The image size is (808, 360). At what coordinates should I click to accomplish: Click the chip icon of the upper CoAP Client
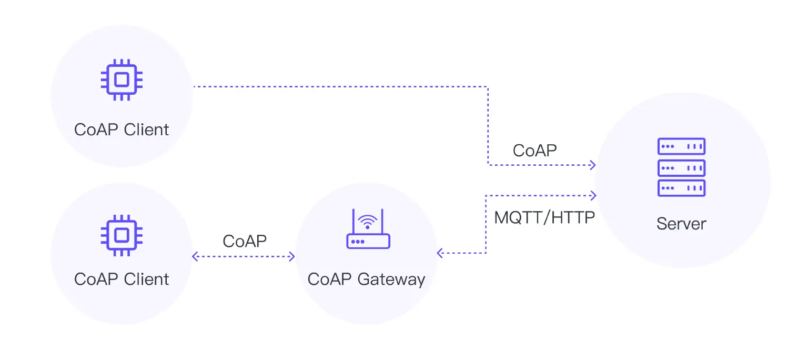(122, 79)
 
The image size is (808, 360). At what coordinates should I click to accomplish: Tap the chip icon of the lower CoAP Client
(122, 235)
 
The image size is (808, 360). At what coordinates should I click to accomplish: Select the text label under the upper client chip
(122, 129)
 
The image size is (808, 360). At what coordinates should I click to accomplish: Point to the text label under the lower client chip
(122, 279)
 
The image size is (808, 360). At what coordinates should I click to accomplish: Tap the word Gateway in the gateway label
(391, 279)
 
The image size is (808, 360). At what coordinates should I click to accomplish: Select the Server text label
(681, 224)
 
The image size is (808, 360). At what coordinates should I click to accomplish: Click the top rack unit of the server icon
(681, 146)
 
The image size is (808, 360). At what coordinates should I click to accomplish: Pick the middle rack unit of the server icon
(681, 168)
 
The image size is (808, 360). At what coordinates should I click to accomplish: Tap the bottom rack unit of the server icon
(681, 188)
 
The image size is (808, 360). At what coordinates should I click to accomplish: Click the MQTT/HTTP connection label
(544, 217)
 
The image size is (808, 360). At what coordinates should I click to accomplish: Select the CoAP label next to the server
(534, 151)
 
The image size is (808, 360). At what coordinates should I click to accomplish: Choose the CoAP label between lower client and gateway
(245, 241)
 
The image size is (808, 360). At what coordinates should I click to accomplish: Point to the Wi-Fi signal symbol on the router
(368, 219)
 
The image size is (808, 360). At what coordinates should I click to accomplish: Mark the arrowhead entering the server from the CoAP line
(592, 165)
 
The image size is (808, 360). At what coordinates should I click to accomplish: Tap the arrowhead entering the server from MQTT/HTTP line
(592, 196)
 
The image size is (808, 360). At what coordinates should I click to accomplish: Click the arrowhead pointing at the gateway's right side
(440, 254)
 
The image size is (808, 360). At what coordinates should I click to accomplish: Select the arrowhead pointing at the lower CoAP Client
(195, 256)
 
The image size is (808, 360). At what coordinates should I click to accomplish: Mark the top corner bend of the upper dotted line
(488, 87)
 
